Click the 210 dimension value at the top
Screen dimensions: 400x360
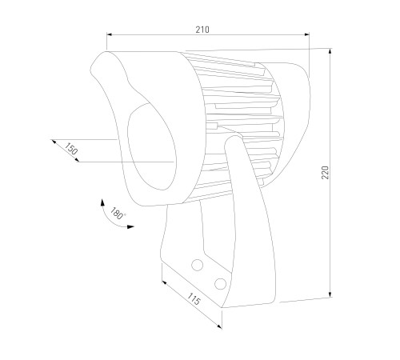tap(202, 30)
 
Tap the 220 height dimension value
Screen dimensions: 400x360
tap(326, 173)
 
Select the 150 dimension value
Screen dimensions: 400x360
tap(71, 149)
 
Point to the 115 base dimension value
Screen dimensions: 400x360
tap(194, 299)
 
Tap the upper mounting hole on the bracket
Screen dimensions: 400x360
tap(198, 265)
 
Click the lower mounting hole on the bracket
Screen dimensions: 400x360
tap(220, 284)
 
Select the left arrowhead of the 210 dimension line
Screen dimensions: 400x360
tap(110, 34)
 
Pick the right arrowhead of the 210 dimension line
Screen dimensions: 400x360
tap(306, 34)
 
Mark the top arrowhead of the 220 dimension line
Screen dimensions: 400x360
tap(330, 51)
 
